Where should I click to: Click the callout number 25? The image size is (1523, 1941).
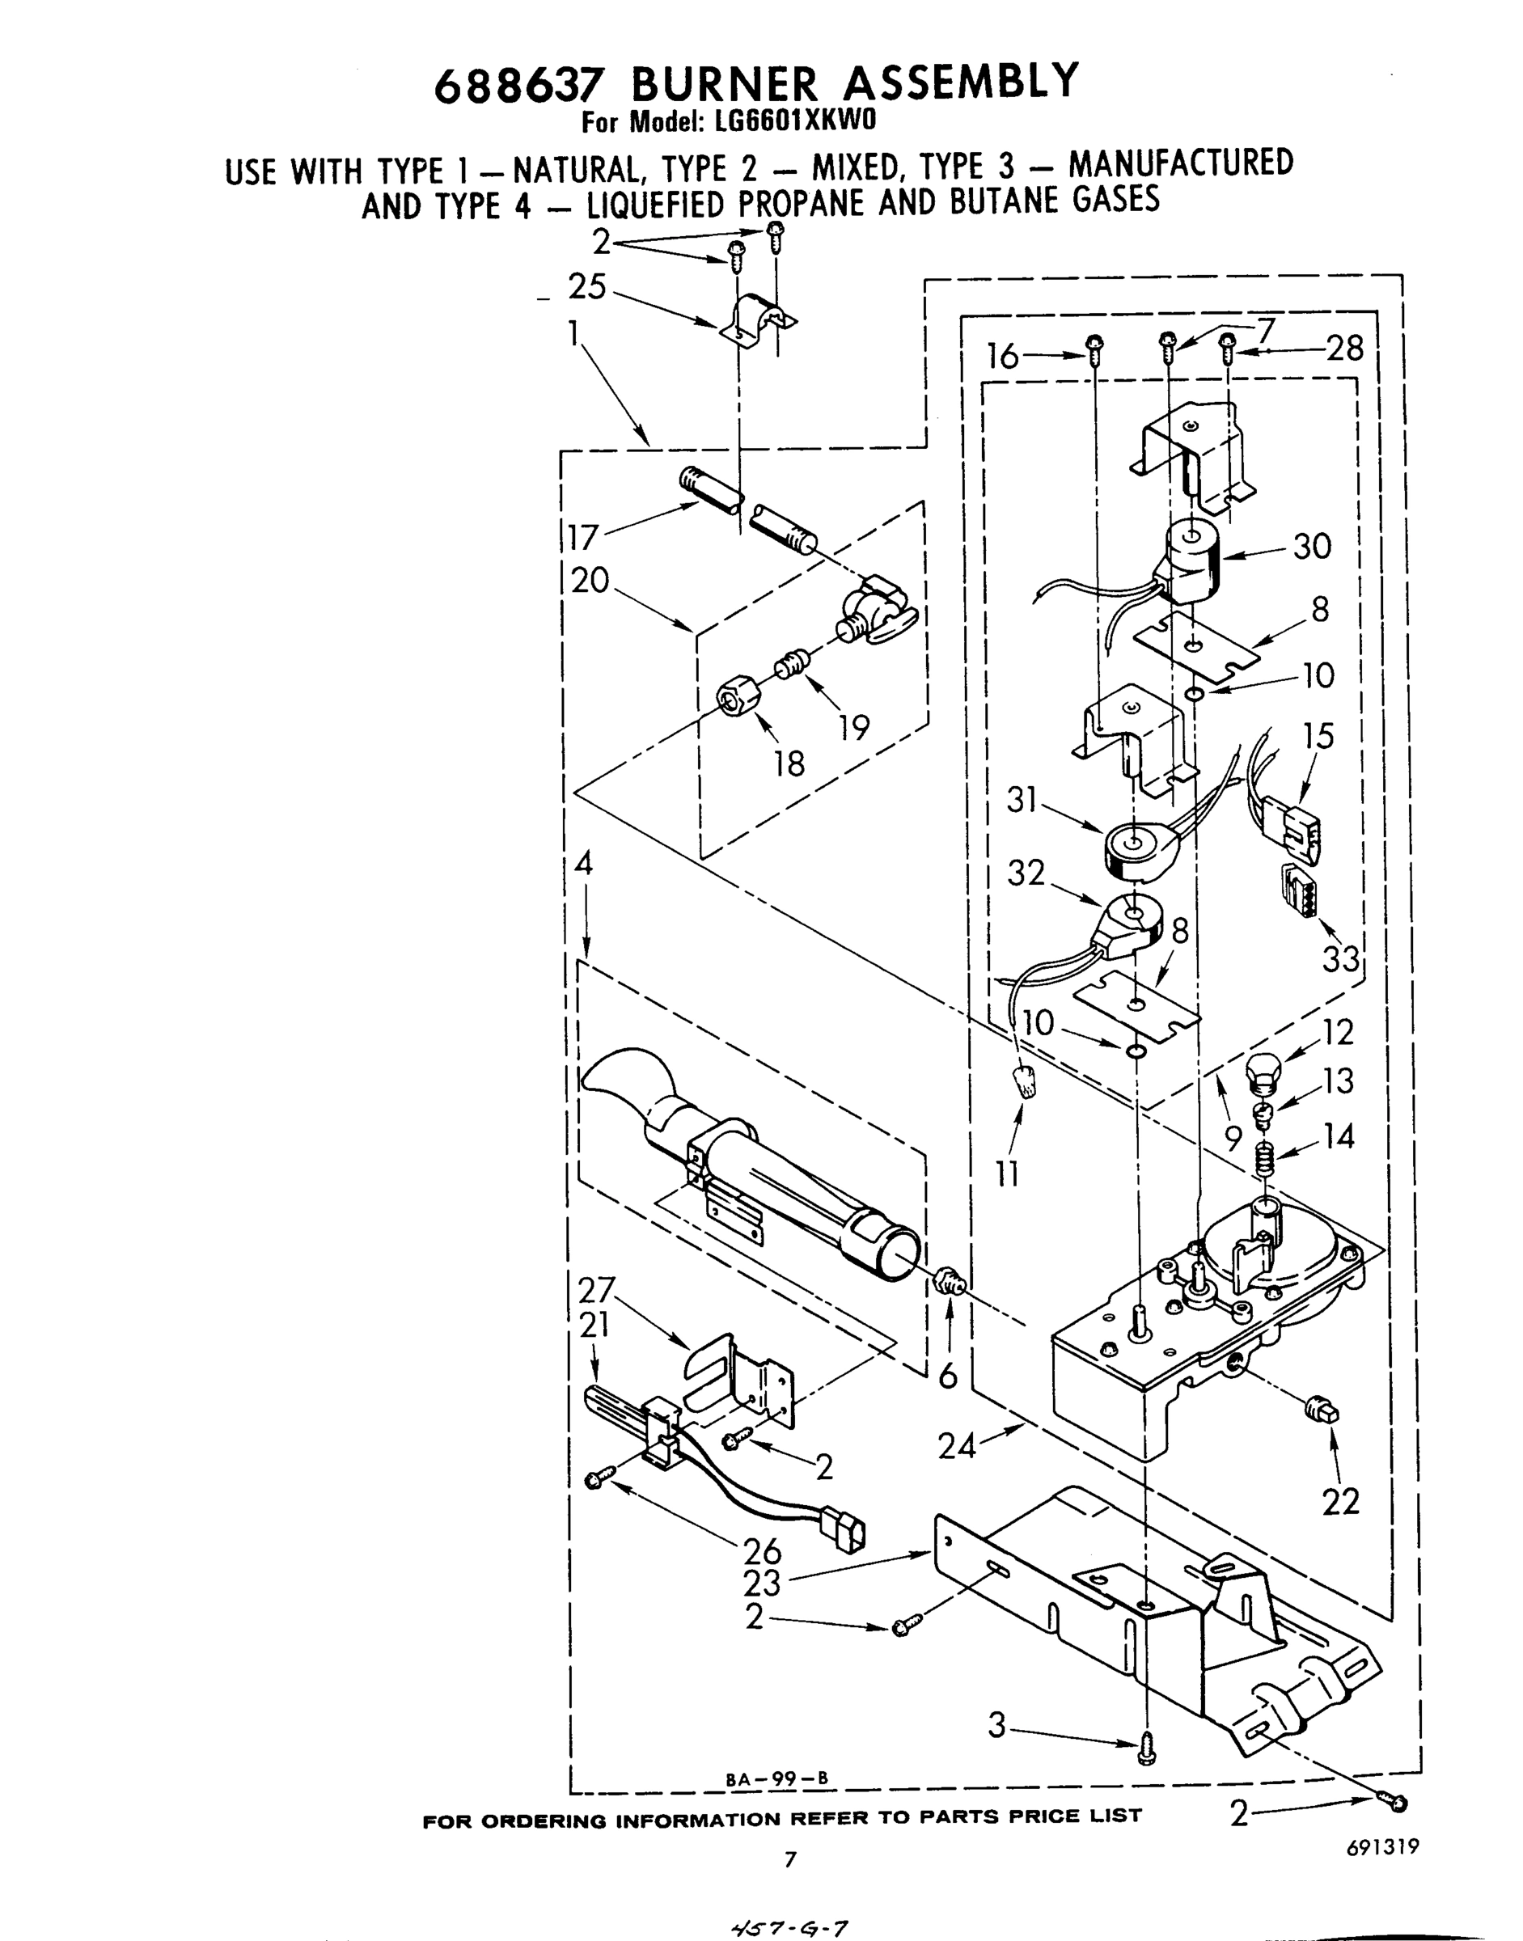[586, 288]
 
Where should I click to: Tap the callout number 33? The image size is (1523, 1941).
[1340, 959]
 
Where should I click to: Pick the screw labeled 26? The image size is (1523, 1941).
[594, 1481]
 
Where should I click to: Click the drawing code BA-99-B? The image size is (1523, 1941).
[777, 1776]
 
